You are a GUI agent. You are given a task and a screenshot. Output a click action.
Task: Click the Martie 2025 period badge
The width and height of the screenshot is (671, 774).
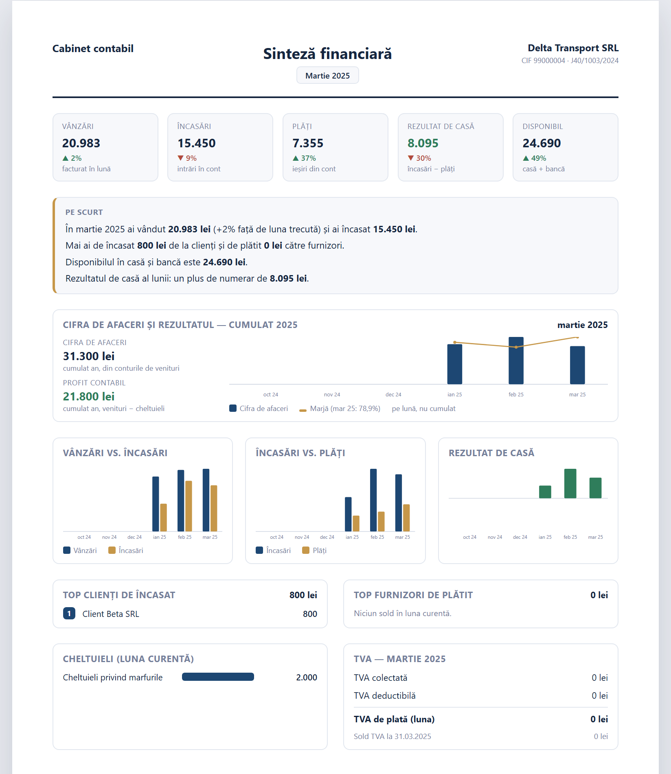coord(327,75)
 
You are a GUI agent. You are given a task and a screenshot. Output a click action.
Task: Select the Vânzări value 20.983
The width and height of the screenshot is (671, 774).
coord(81,143)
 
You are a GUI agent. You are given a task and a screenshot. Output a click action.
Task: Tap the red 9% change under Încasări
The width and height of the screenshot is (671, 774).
coord(187,158)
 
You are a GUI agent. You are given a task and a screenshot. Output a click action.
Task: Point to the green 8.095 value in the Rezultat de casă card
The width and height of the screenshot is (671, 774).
coord(423,143)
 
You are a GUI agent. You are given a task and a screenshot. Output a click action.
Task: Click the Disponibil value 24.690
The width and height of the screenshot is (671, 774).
coord(542,143)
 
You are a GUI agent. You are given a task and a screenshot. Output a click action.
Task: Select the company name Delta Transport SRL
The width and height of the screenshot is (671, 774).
coord(573,48)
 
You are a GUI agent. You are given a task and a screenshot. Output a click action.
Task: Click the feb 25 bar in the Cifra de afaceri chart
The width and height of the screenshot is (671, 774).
coord(516,361)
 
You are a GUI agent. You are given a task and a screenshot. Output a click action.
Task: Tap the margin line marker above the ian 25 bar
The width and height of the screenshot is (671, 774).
coord(455,342)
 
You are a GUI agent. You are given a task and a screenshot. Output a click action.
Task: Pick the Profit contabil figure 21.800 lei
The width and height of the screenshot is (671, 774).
coord(89,396)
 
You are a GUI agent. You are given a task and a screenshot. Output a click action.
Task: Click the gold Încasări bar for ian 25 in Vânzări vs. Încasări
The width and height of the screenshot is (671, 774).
coord(163,518)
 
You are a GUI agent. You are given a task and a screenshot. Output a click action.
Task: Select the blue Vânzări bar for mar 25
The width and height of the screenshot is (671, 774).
coord(206,500)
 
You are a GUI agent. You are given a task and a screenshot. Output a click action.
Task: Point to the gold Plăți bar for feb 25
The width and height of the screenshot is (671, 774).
coord(381,521)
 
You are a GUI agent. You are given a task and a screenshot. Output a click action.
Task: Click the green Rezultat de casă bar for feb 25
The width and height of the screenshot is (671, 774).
coord(570,483)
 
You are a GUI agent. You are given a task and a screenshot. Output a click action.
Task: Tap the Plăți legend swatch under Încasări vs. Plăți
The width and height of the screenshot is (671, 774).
coord(306,551)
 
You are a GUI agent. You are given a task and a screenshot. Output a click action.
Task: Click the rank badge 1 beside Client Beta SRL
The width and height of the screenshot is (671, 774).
coord(69,613)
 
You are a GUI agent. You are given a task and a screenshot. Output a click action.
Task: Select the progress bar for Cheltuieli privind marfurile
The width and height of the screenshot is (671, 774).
coord(218,677)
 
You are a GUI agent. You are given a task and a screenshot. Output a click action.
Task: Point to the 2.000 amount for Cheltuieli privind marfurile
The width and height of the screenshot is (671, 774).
coord(307,677)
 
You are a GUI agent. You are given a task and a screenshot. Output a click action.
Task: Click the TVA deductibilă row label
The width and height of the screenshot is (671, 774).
coord(385,695)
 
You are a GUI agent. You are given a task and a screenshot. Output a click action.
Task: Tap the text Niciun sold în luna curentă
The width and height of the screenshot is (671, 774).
coord(403,613)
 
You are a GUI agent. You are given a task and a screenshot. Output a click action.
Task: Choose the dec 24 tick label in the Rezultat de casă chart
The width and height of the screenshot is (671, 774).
coord(520,537)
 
